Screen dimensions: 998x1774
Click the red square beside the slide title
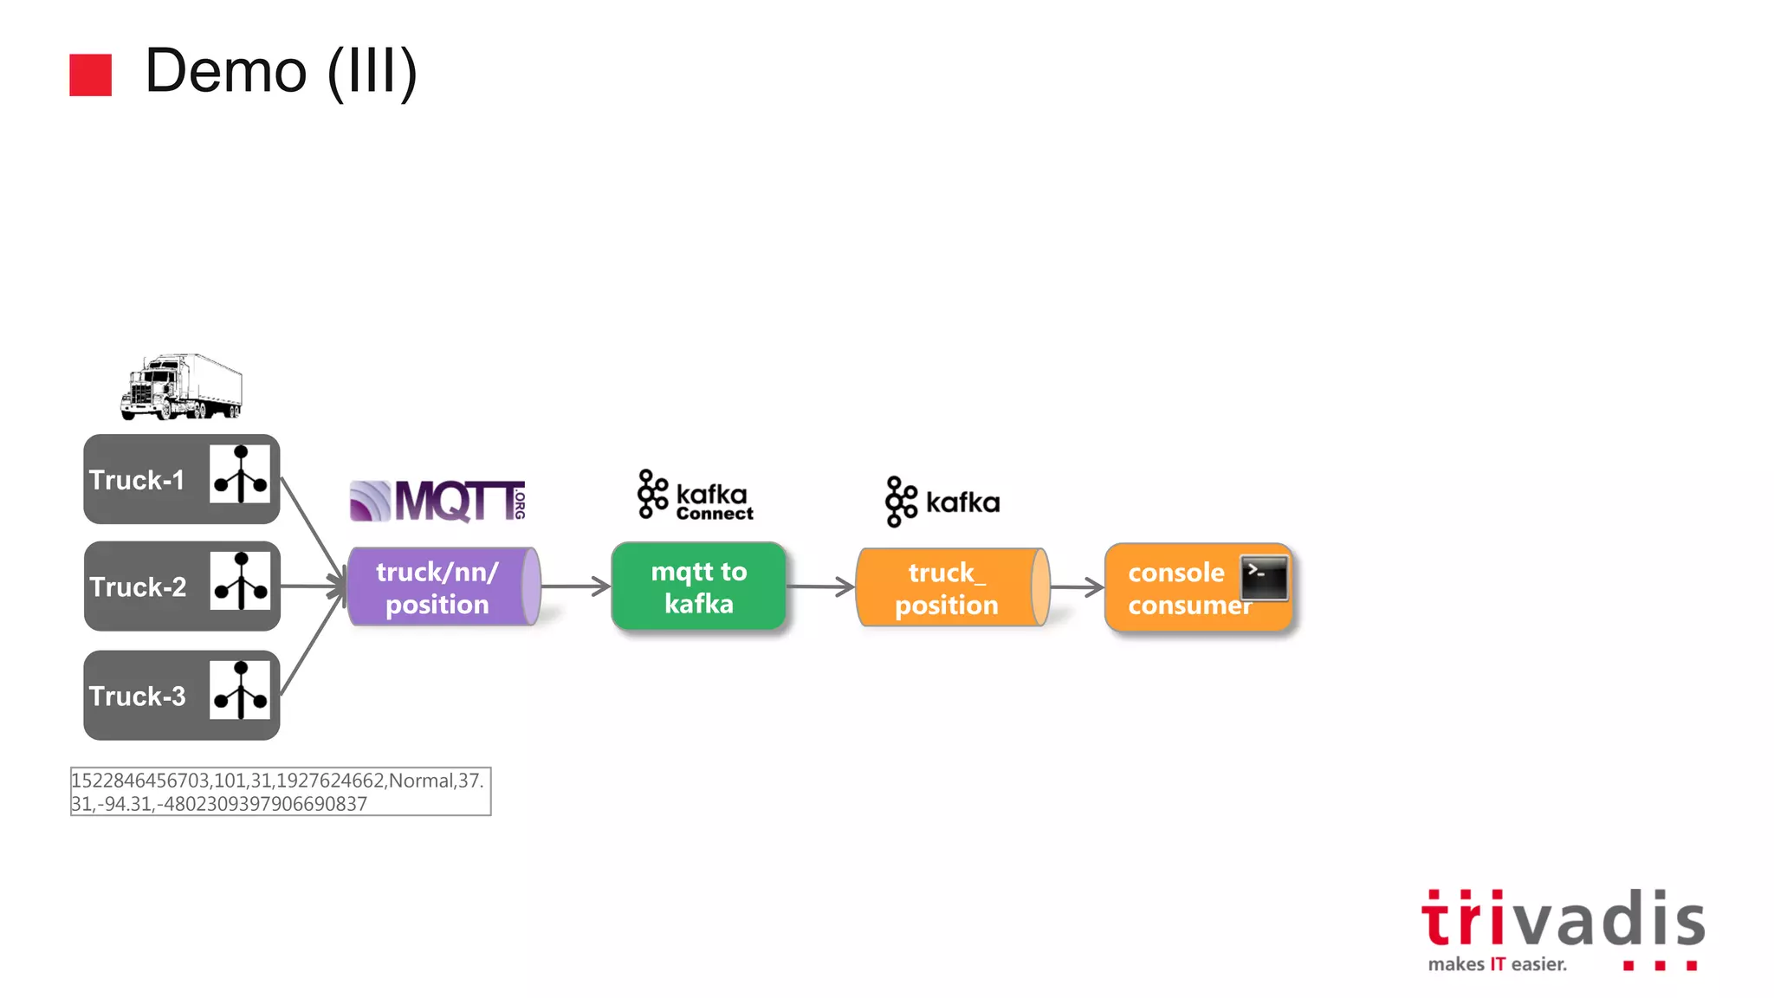click(90, 75)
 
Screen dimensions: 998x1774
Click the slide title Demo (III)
click(281, 71)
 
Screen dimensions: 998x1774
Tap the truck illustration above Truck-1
click(181, 387)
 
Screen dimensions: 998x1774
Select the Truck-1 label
click(137, 480)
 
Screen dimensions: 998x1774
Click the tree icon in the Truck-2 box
click(241, 581)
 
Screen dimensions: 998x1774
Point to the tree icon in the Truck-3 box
click(240, 690)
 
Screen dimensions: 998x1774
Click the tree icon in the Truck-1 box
click(240, 475)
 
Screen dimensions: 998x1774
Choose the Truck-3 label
click(137, 696)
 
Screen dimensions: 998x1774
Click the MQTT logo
click(437, 501)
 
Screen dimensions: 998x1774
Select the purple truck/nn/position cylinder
click(443, 587)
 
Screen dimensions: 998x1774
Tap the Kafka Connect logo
click(696, 496)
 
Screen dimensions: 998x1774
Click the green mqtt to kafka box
click(698, 586)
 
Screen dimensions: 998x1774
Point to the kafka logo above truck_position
click(942, 502)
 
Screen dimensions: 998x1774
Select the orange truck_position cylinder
click(951, 588)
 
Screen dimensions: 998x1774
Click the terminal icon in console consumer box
click(1264, 578)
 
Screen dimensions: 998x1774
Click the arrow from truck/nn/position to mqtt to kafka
click(576, 586)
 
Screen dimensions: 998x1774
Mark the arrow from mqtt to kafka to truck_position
click(821, 586)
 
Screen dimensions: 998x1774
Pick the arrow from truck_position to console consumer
click(1077, 587)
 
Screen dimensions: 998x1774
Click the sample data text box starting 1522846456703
click(281, 792)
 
